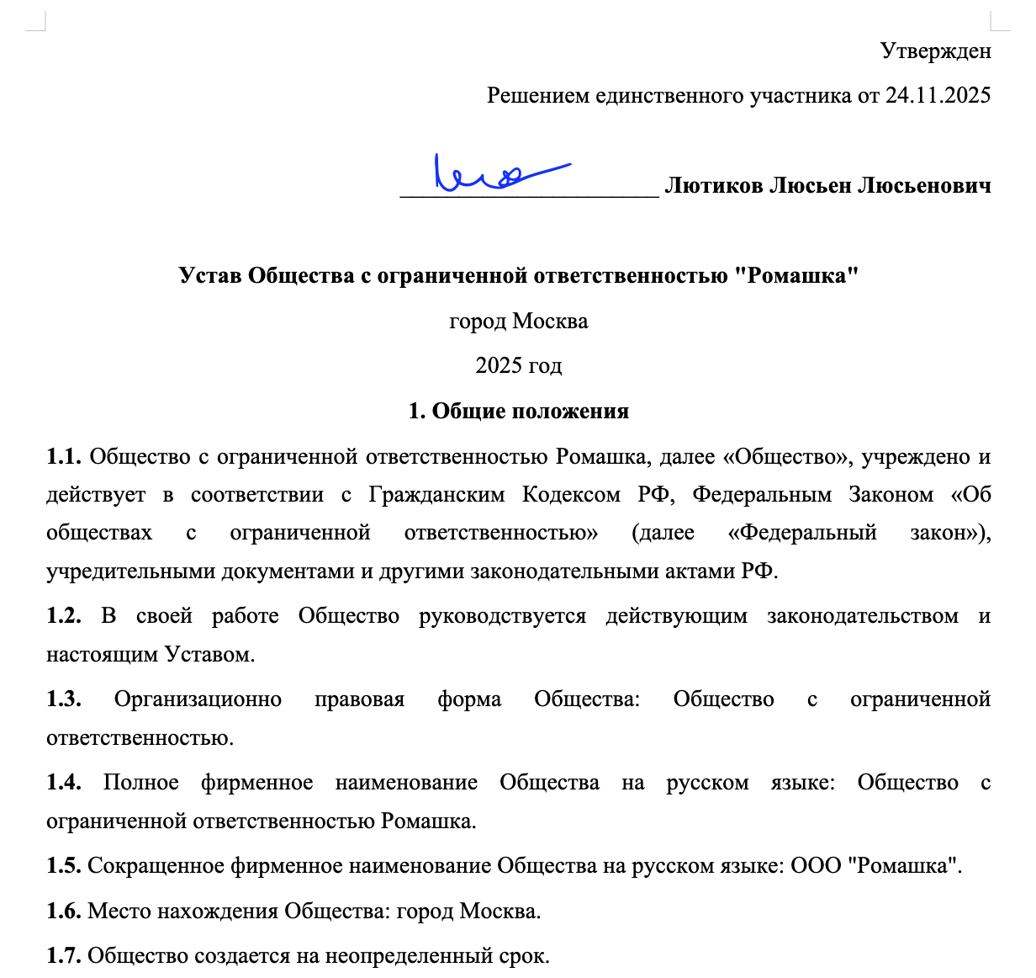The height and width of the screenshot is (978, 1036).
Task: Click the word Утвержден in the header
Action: pos(935,51)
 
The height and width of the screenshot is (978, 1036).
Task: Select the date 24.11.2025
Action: pos(938,96)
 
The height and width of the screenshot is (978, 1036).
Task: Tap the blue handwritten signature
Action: pos(496,173)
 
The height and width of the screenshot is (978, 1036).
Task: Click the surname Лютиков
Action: pos(713,186)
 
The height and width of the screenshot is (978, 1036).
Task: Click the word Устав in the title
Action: pos(210,276)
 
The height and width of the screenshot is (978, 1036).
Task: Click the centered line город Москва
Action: pos(518,322)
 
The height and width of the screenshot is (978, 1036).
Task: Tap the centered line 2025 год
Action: pos(518,366)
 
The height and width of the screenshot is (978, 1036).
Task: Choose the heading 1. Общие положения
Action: pos(518,412)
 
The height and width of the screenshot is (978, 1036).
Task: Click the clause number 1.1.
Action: pos(63,457)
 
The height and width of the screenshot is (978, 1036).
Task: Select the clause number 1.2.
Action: pos(63,616)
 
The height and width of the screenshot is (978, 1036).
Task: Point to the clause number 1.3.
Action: pos(63,699)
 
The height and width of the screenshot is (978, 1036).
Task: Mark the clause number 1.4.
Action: pos(63,783)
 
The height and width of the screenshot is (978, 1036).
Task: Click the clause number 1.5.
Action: pos(63,866)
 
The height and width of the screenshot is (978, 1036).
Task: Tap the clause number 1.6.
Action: pos(63,912)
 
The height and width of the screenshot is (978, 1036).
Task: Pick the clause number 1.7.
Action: pos(63,956)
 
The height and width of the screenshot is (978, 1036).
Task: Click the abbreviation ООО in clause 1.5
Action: pos(816,866)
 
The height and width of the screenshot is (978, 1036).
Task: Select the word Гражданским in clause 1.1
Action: pos(436,495)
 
